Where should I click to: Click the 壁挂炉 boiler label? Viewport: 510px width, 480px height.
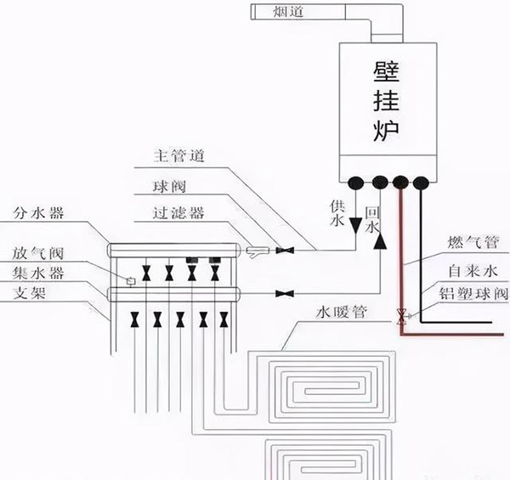[x=386, y=101]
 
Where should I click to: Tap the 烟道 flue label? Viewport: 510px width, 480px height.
[x=288, y=12]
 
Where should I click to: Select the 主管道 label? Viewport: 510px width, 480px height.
[x=178, y=156]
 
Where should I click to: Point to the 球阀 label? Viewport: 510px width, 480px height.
[x=169, y=187]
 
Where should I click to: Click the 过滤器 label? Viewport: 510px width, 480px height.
[x=178, y=213]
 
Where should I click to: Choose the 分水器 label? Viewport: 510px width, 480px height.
[x=38, y=213]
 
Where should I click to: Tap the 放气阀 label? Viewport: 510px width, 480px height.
[x=37, y=253]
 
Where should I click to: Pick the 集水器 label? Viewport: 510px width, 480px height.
[x=38, y=273]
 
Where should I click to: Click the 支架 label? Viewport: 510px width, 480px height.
[x=29, y=293]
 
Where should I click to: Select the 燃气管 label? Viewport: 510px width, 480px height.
[x=473, y=242]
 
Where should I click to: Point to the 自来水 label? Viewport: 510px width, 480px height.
[x=473, y=271]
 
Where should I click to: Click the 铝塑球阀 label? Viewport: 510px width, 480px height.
[x=473, y=293]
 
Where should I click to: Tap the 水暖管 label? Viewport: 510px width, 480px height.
[x=342, y=313]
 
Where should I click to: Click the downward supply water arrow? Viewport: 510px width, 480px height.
[x=355, y=225]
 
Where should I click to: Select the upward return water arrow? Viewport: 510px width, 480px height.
[x=380, y=241]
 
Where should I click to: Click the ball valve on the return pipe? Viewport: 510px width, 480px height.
[x=285, y=294]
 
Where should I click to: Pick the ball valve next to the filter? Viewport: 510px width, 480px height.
[x=285, y=251]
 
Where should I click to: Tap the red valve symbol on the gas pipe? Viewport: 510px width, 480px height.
[x=401, y=316]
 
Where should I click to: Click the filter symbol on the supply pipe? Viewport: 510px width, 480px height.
[x=258, y=251]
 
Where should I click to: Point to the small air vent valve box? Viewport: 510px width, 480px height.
[x=131, y=281]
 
